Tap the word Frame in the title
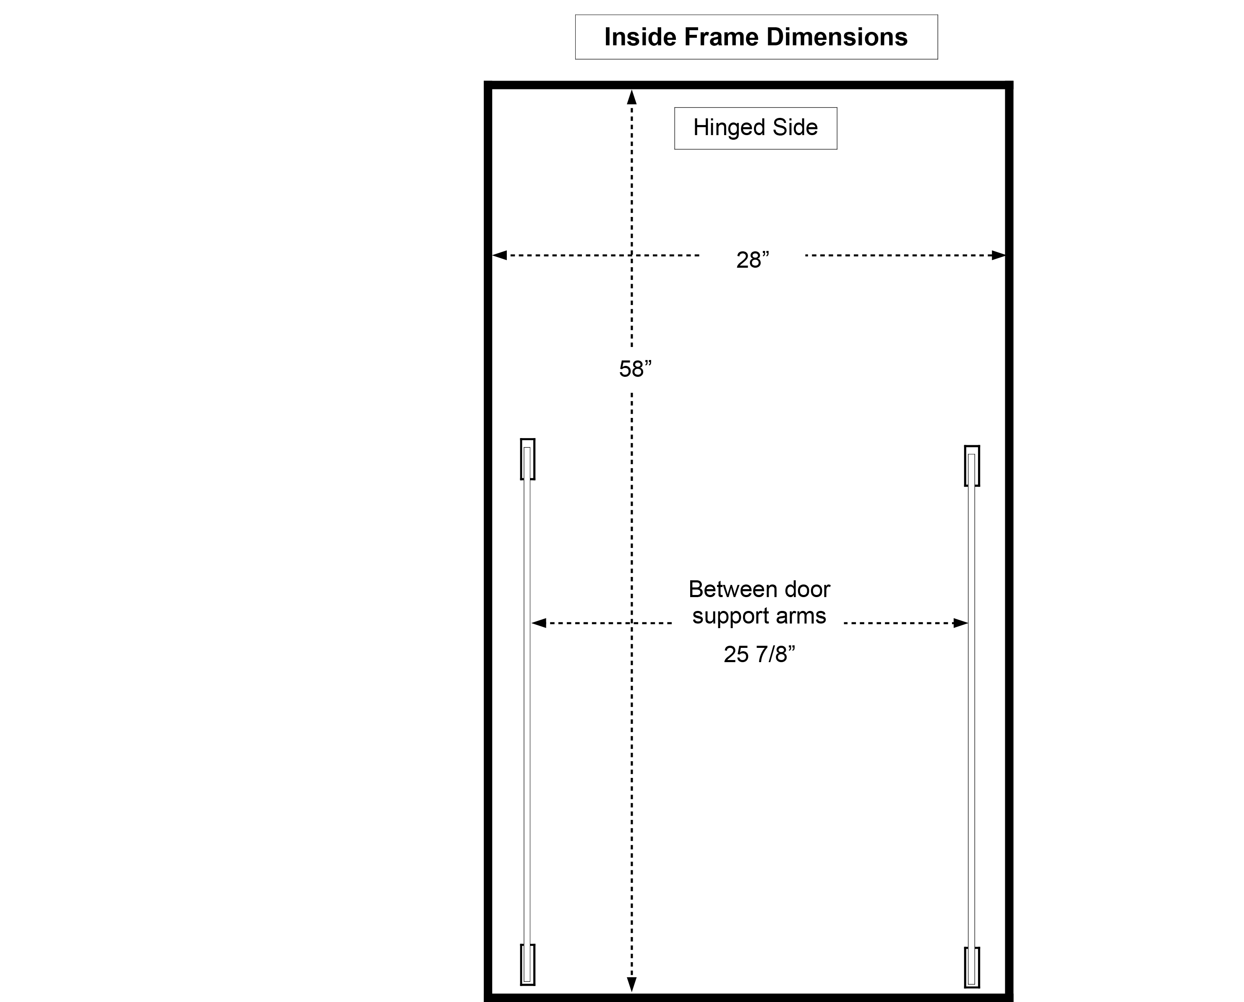(x=721, y=37)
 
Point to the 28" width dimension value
(x=752, y=260)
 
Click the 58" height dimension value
(x=635, y=369)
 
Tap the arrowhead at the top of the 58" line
(x=632, y=97)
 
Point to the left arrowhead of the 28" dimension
(x=500, y=255)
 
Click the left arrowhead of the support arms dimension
(x=539, y=623)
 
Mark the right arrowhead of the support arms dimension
(x=960, y=623)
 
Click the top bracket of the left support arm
(x=527, y=459)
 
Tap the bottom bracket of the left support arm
(x=527, y=964)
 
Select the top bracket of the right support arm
(x=972, y=466)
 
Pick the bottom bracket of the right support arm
(x=972, y=967)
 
